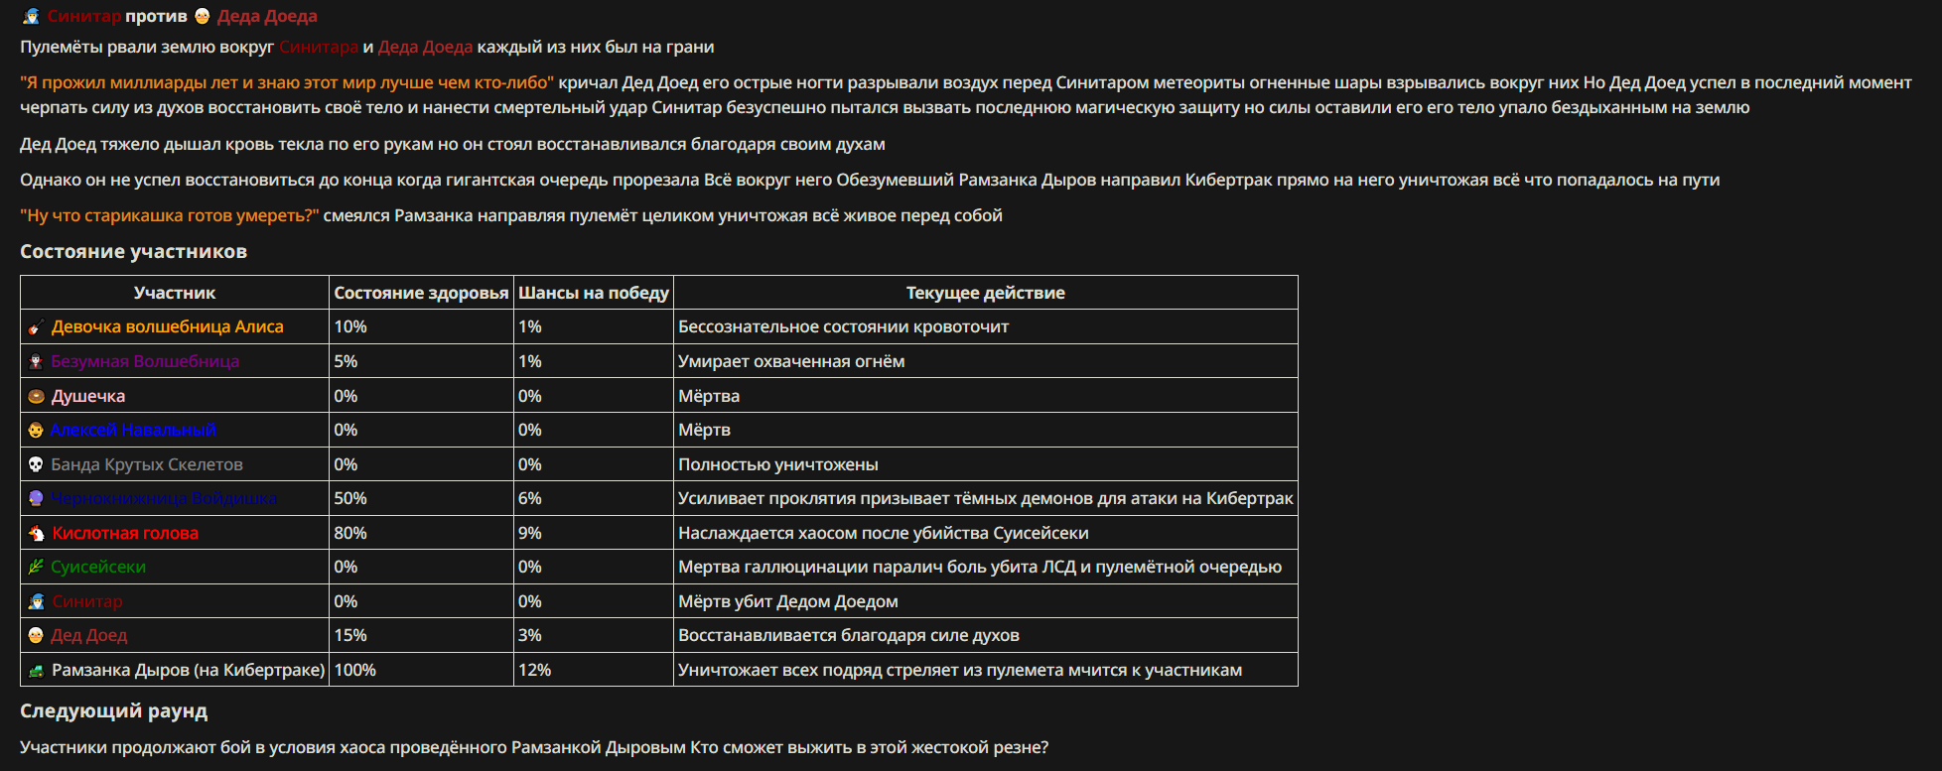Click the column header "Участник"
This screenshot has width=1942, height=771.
pos(174,293)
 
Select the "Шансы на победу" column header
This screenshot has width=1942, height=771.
pos(593,293)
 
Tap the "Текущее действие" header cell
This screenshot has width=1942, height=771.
pos(985,293)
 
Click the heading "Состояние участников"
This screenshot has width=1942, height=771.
pos(133,251)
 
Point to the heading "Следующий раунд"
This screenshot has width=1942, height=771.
pos(113,710)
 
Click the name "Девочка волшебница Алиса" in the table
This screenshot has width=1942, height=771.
pos(167,326)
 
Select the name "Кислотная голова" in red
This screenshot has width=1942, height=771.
pos(125,533)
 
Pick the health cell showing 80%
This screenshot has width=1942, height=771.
pos(350,533)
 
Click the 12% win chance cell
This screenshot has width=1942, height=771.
pos(534,670)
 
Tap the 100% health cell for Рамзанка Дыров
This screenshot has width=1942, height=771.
pos(354,670)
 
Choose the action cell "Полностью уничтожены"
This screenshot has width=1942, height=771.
pos(777,464)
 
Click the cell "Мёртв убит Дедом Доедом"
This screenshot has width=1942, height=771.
pos(787,601)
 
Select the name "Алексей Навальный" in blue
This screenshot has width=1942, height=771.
pos(133,430)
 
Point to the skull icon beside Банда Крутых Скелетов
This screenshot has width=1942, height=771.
pos(36,464)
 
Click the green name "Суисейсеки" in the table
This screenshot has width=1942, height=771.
pos(98,567)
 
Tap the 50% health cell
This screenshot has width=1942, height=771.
pos(350,498)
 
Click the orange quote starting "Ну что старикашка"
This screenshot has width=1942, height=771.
pos(170,215)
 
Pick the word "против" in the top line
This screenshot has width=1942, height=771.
pos(156,16)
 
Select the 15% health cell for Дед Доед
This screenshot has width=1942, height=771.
pos(349,635)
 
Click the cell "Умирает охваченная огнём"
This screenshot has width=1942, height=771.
pos(790,361)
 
